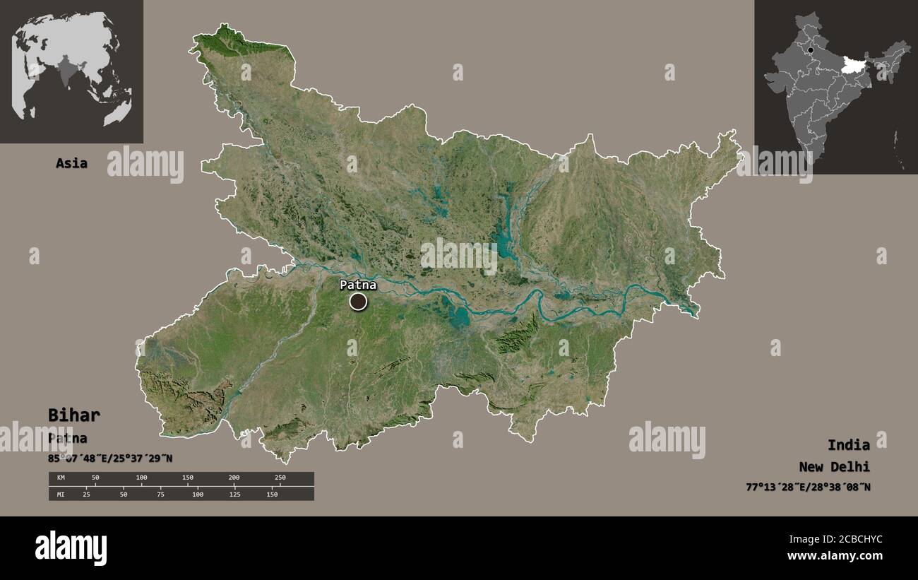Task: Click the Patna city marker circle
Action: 359,302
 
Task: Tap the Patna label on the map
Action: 358,285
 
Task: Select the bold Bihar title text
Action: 74,415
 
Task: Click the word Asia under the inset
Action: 72,163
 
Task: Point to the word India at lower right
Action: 849,444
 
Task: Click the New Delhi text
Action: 834,466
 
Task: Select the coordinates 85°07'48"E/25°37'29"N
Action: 110,458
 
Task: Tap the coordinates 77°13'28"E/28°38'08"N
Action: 808,487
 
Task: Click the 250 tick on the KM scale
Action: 280,478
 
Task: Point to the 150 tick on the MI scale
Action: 272,494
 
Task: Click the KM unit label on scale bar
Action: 60,478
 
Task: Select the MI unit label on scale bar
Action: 60,494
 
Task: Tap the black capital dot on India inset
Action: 811,50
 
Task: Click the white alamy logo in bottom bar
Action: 71,548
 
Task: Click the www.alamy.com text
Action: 835,556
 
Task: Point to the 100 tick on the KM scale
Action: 141,478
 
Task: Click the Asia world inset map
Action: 71,71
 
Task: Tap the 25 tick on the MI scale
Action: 86,494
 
